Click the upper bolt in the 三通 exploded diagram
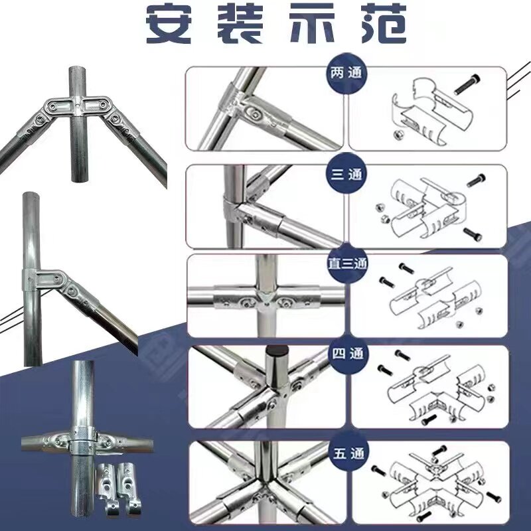[476, 180]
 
